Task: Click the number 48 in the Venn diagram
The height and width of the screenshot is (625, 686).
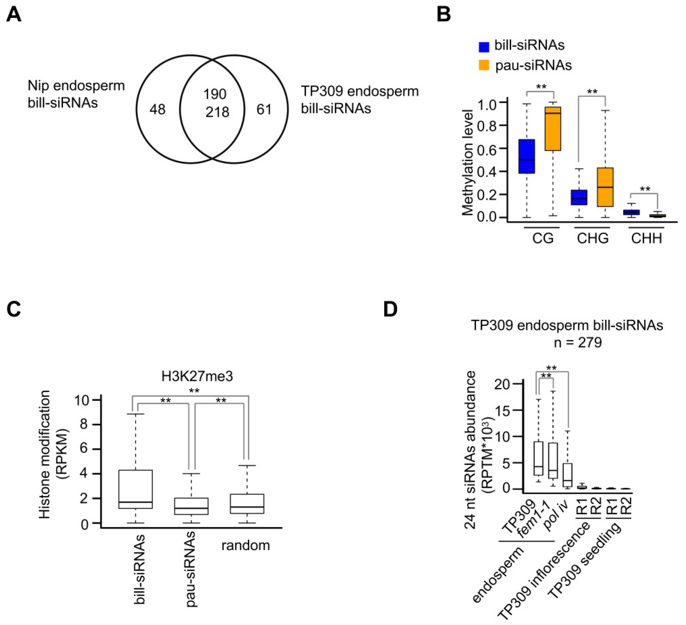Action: pos(157,110)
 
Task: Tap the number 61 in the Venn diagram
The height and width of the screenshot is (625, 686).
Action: pos(264,110)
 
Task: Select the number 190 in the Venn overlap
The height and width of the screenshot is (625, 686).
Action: pos(215,94)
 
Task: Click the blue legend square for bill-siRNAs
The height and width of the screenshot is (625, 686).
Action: pos(484,47)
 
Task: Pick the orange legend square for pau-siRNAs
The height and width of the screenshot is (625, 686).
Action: pos(484,65)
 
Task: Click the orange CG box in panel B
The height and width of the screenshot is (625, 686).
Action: pos(553,129)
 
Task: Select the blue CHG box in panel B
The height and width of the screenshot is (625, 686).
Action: pos(579,197)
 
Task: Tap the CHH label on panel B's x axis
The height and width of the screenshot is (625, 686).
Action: pos(646,238)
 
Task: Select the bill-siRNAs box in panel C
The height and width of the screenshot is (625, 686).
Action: pos(135,489)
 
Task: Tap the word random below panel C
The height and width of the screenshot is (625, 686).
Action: pos(245,545)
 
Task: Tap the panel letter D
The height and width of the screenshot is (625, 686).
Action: pos(390,309)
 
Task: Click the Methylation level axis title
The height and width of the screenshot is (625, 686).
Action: pos(468,163)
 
